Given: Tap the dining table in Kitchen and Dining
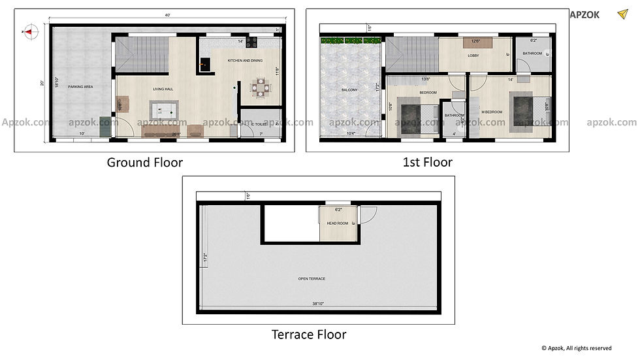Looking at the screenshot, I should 261,88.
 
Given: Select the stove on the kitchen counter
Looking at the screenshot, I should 251,42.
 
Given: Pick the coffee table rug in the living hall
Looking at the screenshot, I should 163,109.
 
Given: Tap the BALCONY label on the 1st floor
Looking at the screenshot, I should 349,90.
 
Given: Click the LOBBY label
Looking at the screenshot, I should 473,56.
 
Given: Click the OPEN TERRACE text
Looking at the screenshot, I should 312,279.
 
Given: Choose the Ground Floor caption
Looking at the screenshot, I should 145,163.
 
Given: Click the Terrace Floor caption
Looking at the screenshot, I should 309,335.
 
